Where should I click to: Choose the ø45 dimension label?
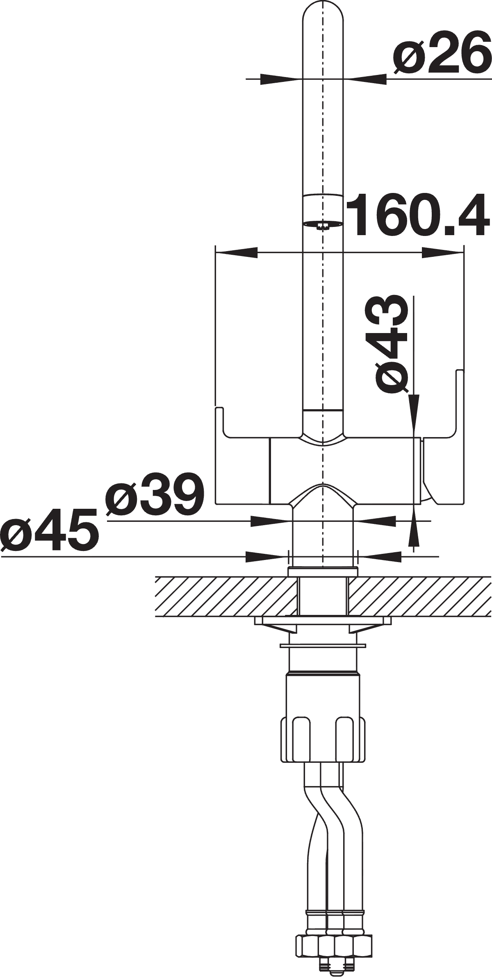50,530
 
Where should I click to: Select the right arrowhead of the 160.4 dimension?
443,253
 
